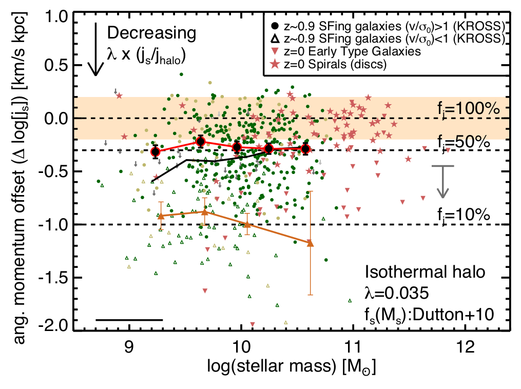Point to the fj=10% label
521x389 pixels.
point(460,215)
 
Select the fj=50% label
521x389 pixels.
point(460,141)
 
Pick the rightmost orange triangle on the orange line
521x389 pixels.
point(310,242)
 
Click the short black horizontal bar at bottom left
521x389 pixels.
point(129,320)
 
